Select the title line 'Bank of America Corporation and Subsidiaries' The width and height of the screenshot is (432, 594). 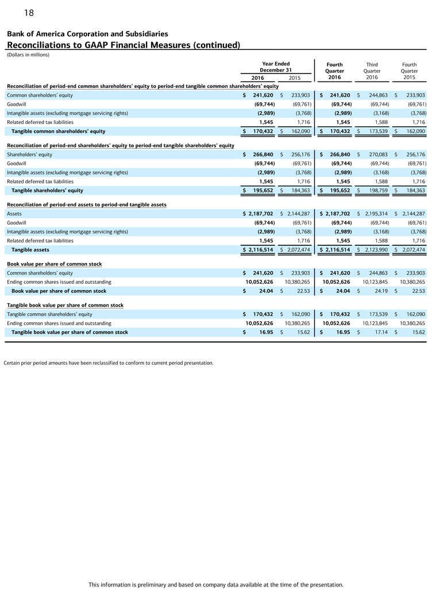point(87,34)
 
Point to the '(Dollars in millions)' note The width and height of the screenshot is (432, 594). point(28,55)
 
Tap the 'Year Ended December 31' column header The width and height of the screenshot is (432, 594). point(275,67)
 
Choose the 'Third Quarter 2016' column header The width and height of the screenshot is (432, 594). point(372,71)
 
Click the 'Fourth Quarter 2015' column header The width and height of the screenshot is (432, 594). point(409,71)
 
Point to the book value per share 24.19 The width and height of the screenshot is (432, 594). point(380,291)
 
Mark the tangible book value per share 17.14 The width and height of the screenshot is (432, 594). point(380,333)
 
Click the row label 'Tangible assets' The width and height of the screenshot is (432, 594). point(30,250)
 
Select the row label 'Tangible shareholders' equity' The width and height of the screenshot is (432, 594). point(47,190)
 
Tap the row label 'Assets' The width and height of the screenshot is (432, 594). point(14,214)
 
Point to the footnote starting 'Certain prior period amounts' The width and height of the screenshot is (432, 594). point(109,363)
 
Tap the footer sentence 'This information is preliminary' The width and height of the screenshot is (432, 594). point(216,584)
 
